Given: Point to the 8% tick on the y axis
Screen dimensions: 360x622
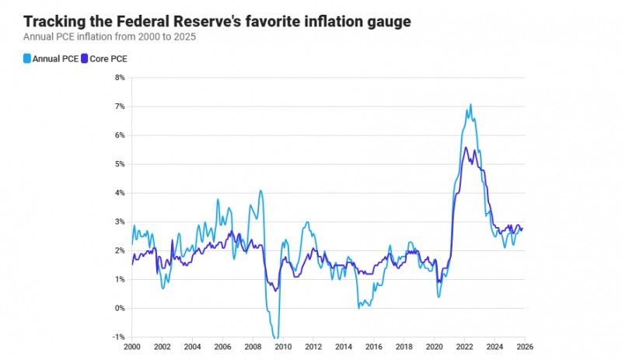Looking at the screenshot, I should click(x=120, y=78).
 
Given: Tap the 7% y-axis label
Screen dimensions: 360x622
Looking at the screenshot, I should click(x=120, y=107).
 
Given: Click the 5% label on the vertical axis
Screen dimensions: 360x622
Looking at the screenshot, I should click(x=120, y=164).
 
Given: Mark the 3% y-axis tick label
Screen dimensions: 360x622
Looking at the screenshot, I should click(x=120, y=222).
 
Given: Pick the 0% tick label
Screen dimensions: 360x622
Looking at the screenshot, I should click(x=120, y=308).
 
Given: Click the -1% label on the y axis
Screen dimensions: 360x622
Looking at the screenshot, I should click(x=119, y=337).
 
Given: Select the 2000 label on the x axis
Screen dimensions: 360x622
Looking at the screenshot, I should click(x=132, y=347).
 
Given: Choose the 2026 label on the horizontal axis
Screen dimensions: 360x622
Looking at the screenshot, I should click(x=523, y=347).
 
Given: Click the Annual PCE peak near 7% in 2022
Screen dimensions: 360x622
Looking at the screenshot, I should click(x=470, y=104).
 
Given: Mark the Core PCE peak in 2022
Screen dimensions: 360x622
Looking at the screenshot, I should click(x=465, y=147).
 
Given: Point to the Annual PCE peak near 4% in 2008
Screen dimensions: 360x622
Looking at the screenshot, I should click(x=260, y=190).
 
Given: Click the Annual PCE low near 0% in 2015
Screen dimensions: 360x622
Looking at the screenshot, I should click(x=359, y=308).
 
